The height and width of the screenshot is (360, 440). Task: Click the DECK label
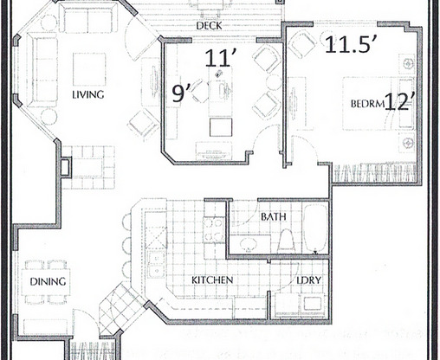tap(208, 26)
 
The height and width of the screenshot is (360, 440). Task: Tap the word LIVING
tap(88, 95)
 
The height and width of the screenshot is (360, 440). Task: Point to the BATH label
tap(274, 216)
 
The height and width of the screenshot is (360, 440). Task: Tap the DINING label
tap(42, 281)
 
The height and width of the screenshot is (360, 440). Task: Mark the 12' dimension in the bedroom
tap(400, 102)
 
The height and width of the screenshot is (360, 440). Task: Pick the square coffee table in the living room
tap(88, 69)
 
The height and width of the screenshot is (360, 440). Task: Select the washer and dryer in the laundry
tap(299, 305)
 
